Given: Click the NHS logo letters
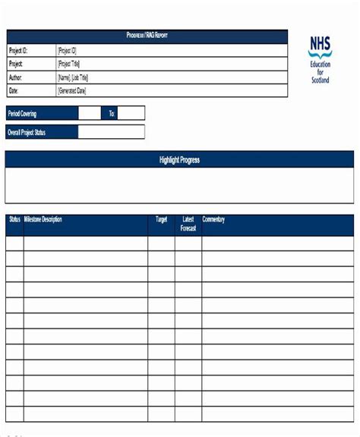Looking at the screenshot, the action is (x=320, y=47).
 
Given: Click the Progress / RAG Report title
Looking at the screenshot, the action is (x=147, y=36).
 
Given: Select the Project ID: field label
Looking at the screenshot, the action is (x=21, y=50).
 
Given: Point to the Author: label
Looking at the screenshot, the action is (x=16, y=77).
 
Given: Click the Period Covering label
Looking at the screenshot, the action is (x=23, y=114).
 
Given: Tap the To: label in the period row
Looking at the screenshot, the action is (x=112, y=114).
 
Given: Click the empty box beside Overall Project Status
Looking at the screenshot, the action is (x=111, y=132).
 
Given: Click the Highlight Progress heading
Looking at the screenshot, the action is (x=180, y=160).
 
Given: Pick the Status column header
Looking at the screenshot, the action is (x=14, y=220).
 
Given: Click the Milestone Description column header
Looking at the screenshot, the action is (x=43, y=220).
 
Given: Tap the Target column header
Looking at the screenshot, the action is (x=161, y=220).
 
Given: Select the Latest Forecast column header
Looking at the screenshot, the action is (x=188, y=224).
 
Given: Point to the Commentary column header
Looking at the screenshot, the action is (x=213, y=220).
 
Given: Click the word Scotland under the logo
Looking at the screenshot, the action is (x=320, y=80).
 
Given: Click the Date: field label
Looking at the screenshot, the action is (x=13, y=91).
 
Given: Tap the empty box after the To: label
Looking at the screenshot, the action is (x=131, y=114).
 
